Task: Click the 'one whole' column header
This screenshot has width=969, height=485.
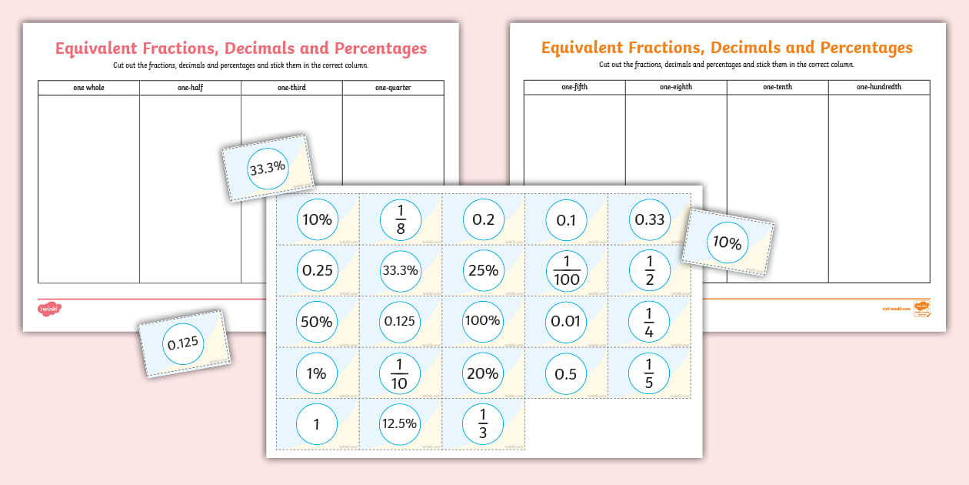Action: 88,88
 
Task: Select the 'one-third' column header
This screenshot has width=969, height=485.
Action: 291,88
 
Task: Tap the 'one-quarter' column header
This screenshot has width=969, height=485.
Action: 393,88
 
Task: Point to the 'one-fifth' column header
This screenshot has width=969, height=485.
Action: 574,87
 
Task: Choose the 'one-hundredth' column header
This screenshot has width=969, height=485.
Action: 879,87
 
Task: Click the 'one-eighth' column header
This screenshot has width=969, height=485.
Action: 676,87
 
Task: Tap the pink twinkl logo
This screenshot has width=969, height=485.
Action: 48,309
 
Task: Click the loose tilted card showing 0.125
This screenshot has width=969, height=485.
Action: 183,343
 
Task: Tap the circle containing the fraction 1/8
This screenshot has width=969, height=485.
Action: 400,219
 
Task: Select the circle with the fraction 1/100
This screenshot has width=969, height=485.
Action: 566,270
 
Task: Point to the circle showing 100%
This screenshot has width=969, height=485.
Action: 483,321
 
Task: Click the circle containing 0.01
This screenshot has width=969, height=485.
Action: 566,321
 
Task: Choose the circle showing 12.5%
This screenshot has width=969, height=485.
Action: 400,423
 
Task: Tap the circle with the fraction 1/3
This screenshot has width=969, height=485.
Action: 483,423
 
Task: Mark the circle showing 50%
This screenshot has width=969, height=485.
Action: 317,321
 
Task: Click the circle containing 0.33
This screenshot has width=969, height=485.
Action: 649,219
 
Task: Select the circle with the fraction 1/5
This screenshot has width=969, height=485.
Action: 649,373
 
